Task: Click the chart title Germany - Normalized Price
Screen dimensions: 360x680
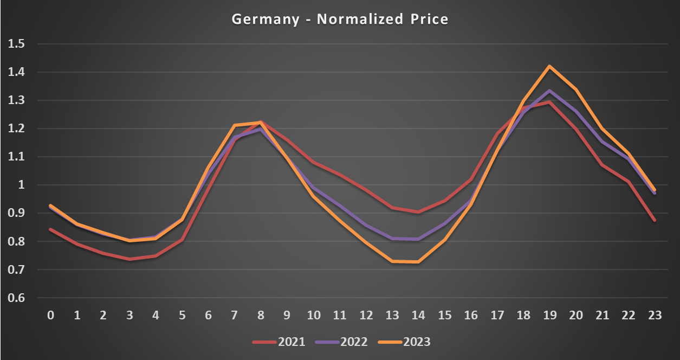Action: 340,20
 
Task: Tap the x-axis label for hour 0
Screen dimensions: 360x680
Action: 51,316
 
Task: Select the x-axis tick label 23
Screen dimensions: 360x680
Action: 655,316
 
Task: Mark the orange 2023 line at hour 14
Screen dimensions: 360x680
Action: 417,262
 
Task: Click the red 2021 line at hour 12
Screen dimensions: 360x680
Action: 366,190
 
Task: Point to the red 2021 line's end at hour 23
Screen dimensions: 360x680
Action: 655,220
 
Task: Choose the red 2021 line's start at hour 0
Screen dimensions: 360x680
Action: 51,229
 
